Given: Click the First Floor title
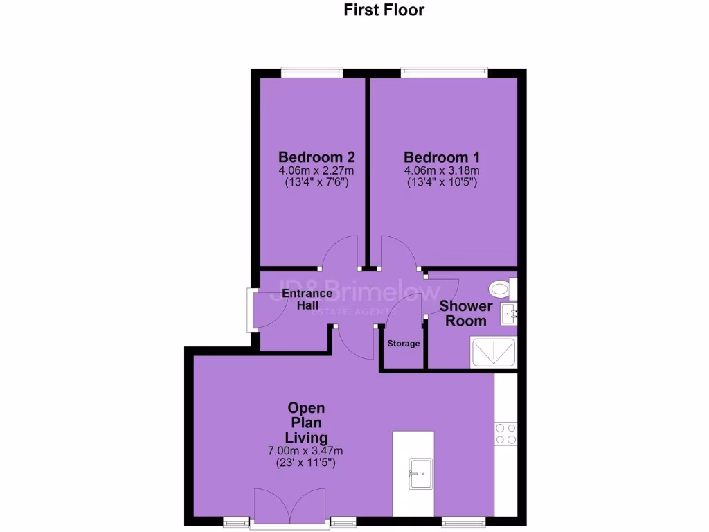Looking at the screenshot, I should pyautogui.click(x=384, y=10).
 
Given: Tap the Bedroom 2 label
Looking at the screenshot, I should pyautogui.click(x=311, y=157).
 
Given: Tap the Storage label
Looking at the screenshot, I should pyautogui.click(x=404, y=344).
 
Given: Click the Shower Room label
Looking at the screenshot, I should pyautogui.click(x=466, y=313).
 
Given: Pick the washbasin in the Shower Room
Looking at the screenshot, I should pyautogui.click(x=510, y=314).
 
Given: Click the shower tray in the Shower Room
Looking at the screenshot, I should pyautogui.click(x=494, y=353).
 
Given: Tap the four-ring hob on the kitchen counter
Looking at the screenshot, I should pyautogui.click(x=505, y=433).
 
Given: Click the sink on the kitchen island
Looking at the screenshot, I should pyautogui.click(x=420, y=468).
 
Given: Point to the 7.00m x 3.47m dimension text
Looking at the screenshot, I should pyautogui.click(x=305, y=451).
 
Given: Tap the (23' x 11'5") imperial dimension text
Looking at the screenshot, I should pyautogui.click(x=305, y=463).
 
